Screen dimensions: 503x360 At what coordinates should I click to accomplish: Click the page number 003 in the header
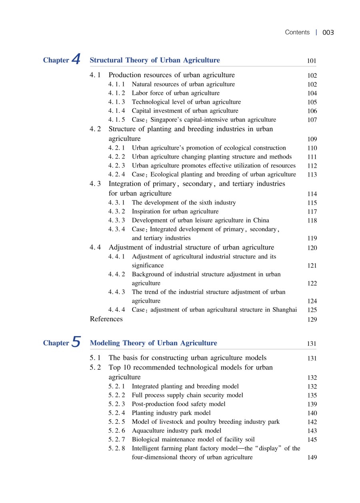coord(328,32)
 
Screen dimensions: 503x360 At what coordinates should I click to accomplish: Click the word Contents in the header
coord(297,32)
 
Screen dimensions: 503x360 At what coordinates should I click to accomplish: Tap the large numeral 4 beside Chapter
coord(76,60)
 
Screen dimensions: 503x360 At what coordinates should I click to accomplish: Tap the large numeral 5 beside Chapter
coord(76,343)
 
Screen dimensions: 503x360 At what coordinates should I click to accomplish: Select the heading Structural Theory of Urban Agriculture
coord(155,60)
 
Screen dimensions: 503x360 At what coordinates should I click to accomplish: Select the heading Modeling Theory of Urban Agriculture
coord(154,343)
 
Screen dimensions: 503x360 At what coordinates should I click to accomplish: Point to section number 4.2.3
coord(116,166)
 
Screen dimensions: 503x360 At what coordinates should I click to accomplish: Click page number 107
coord(312,120)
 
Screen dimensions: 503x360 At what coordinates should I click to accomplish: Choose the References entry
coord(106,319)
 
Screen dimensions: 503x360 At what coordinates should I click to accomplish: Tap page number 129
coord(312,320)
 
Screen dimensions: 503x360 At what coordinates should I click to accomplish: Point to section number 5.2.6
coord(116,431)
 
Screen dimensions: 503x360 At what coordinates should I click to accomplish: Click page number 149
coord(312,458)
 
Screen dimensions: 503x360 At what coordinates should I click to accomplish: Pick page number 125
coord(312,310)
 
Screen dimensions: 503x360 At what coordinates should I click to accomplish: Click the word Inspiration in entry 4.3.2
coord(146,212)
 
